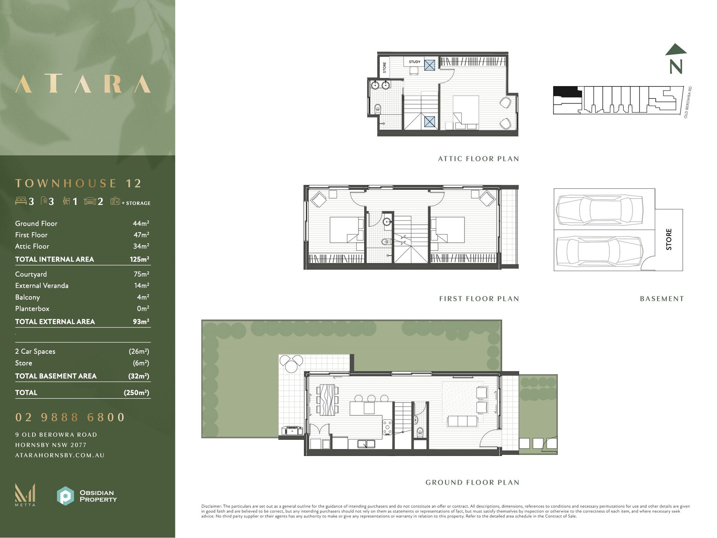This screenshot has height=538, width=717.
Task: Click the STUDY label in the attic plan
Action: (414, 62)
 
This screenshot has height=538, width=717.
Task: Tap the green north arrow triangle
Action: (676, 49)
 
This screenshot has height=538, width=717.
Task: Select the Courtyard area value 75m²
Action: (141, 274)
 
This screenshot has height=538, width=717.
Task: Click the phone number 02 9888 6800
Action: (70, 417)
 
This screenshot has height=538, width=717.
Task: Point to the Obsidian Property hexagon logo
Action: (65, 496)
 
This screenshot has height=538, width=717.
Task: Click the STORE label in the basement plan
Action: (669, 239)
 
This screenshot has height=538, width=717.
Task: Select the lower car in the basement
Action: (600, 250)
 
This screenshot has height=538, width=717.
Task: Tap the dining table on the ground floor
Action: (327, 400)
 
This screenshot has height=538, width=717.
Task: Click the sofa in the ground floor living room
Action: (462, 421)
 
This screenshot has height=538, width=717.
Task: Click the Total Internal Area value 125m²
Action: (139, 259)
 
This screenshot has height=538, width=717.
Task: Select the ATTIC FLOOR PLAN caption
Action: (478, 159)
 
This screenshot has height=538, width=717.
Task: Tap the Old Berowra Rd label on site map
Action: (687, 102)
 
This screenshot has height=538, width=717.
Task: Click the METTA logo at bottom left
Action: (25, 495)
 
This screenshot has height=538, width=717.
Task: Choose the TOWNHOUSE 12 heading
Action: (78, 183)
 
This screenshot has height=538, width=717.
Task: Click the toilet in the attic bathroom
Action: (378, 109)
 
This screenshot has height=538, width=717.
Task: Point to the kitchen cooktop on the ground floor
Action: (388, 427)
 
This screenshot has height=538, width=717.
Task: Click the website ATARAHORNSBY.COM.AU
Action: (60, 455)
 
